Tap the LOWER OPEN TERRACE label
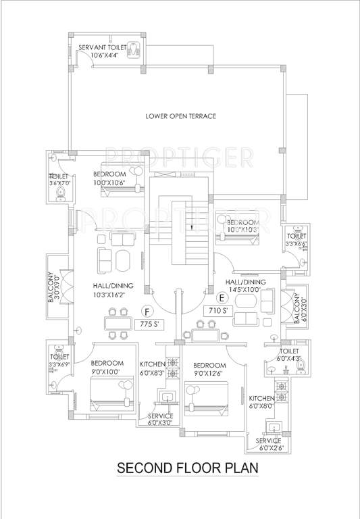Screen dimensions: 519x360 pos(180,116)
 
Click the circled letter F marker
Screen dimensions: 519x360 pos(147,312)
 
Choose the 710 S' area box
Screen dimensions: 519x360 pos(217,311)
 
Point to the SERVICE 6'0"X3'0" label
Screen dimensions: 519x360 pos(156,419)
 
